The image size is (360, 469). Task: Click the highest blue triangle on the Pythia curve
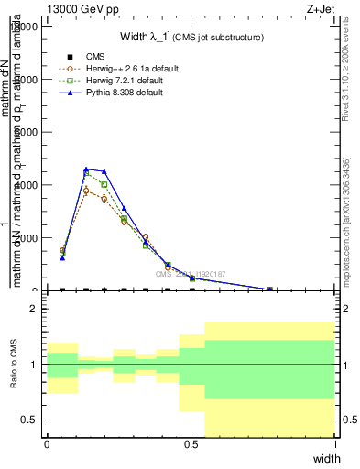86,169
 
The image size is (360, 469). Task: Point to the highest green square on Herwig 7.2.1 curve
86,173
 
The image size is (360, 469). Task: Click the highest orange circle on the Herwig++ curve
86,191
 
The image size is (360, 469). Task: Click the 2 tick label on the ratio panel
34,309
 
